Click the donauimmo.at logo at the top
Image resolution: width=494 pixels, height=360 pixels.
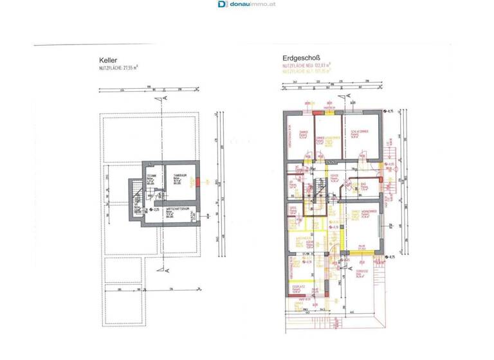247,4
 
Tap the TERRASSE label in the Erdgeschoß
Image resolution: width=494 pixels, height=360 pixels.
361,271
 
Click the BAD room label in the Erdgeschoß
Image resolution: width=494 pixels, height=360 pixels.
363,181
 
